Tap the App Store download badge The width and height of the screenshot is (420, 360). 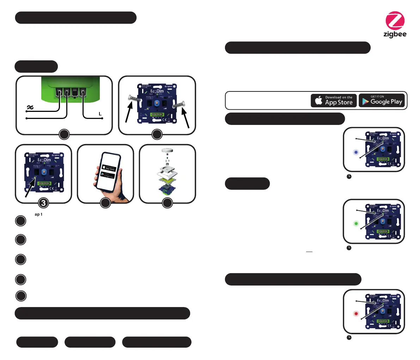click(x=334, y=101)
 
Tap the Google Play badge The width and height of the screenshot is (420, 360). click(x=382, y=101)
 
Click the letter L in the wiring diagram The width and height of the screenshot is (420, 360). click(x=100, y=114)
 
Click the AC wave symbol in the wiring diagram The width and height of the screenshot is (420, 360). click(x=30, y=107)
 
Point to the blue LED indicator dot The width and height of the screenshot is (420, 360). click(x=356, y=152)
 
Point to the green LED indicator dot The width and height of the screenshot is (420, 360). click(x=356, y=223)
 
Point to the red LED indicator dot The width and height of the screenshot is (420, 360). click(x=356, y=313)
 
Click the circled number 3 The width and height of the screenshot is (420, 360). click(x=43, y=203)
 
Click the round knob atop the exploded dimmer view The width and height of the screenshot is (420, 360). click(x=167, y=150)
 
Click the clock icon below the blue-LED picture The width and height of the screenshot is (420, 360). click(x=349, y=177)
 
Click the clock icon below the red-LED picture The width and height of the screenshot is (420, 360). click(x=349, y=338)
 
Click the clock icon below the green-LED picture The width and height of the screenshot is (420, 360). click(x=349, y=248)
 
